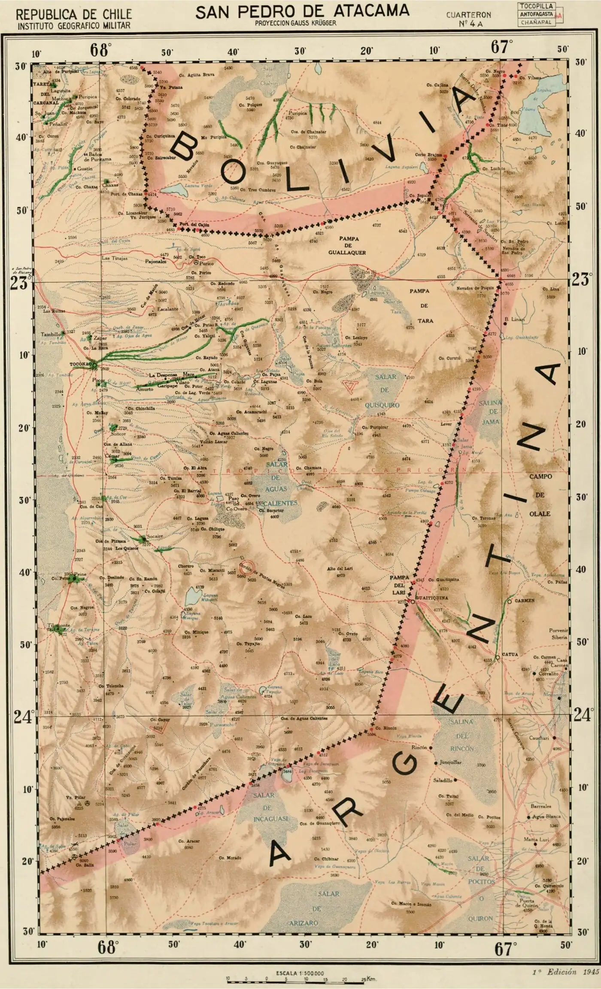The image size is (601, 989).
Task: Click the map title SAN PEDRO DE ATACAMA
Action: coord(302,12)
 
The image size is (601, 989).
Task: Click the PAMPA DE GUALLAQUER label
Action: coord(347,245)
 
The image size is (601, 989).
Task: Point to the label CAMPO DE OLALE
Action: coord(540,494)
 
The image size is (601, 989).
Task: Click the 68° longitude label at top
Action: coord(100,49)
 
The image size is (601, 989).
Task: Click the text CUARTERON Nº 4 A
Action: coord(468,19)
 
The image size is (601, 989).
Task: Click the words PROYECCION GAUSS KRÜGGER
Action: coord(295,23)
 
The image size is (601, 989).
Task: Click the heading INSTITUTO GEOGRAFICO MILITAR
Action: coord(74,26)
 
